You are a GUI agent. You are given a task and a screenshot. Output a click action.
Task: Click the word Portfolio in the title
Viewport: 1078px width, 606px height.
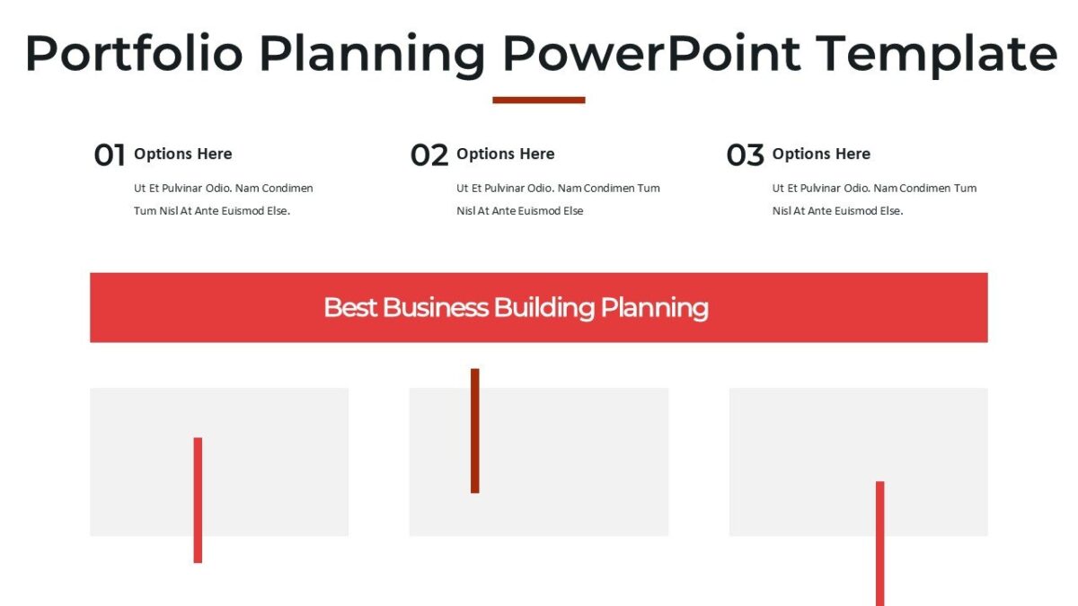click(x=134, y=54)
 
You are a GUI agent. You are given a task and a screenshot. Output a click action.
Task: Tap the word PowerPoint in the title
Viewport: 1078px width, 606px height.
click(x=651, y=54)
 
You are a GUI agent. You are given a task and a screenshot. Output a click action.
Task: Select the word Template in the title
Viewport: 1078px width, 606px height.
click(x=937, y=54)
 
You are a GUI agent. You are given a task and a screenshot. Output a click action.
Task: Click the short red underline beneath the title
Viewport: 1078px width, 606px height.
click(x=539, y=100)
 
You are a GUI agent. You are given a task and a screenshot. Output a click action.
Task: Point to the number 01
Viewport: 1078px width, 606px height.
click(x=110, y=155)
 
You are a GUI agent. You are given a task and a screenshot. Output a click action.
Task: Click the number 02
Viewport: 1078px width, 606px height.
click(x=429, y=155)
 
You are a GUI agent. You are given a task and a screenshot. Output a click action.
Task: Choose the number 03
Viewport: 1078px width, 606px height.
click(x=745, y=155)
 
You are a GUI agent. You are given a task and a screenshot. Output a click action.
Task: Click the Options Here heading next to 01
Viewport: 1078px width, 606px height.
click(x=182, y=154)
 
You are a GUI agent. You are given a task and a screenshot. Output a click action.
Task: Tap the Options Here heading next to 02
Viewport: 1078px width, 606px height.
click(x=505, y=154)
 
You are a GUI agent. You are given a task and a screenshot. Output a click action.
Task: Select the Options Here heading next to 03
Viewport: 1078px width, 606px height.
click(x=821, y=154)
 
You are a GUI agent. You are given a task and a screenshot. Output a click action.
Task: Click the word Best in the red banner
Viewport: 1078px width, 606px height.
click(x=350, y=307)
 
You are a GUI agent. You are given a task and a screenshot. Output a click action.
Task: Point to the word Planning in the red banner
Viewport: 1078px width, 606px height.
click(x=654, y=308)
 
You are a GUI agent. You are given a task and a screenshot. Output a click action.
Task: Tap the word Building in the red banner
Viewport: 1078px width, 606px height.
click(x=544, y=307)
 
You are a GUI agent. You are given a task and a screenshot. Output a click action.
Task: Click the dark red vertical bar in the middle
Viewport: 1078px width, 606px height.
click(x=475, y=430)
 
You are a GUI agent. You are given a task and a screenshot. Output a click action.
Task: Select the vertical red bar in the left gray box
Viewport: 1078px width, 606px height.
click(x=198, y=499)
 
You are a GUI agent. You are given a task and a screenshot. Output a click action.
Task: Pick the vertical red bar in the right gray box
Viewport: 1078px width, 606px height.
click(x=880, y=542)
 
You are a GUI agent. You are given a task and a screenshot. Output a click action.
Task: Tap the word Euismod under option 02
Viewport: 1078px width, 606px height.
click(x=537, y=211)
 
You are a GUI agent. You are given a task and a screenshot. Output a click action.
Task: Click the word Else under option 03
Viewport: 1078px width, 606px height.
click(x=890, y=211)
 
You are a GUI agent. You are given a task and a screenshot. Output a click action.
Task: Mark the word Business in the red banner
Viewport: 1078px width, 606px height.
click(x=436, y=307)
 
